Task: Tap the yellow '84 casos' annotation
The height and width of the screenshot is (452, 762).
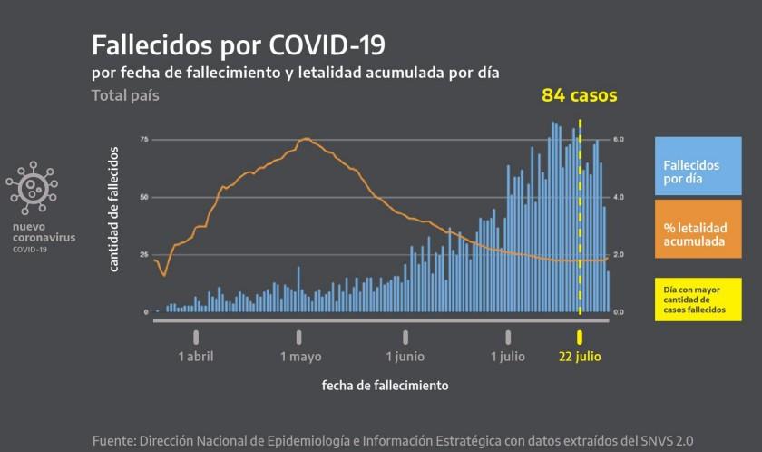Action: (x=579, y=94)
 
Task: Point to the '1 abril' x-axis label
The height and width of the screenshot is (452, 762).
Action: (x=196, y=357)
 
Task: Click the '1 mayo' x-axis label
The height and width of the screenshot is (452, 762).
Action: (x=300, y=357)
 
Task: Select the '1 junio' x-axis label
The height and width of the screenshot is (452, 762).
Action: (x=405, y=357)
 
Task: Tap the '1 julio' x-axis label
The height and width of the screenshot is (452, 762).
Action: (x=507, y=357)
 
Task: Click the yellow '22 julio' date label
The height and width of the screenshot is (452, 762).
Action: (x=581, y=357)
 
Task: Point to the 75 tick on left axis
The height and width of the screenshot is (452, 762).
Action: (x=144, y=140)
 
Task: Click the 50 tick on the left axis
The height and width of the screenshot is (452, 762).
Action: (x=144, y=197)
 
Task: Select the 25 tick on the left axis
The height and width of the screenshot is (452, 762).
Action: (x=144, y=254)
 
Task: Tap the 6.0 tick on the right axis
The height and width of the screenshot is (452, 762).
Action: (x=619, y=140)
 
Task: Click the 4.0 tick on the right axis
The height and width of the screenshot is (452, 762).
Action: (x=619, y=197)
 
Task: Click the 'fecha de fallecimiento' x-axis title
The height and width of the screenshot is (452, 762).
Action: (x=385, y=386)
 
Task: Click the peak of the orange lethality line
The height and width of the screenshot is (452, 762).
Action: (x=306, y=139)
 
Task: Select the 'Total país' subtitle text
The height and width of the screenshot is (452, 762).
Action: (x=125, y=94)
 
